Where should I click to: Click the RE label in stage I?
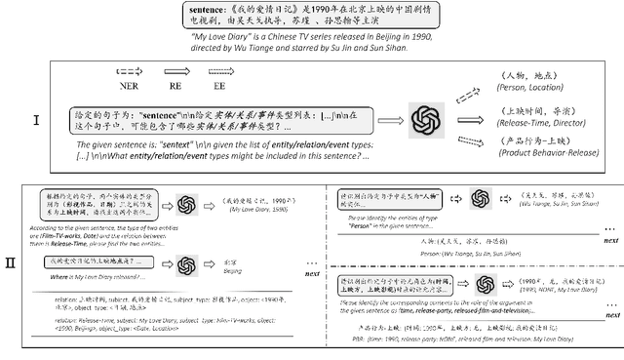click(175, 85)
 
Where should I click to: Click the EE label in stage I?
click(216, 85)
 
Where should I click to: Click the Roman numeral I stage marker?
click(36, 121)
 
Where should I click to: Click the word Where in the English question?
click(52, 276)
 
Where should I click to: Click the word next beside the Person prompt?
click(610, 239)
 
